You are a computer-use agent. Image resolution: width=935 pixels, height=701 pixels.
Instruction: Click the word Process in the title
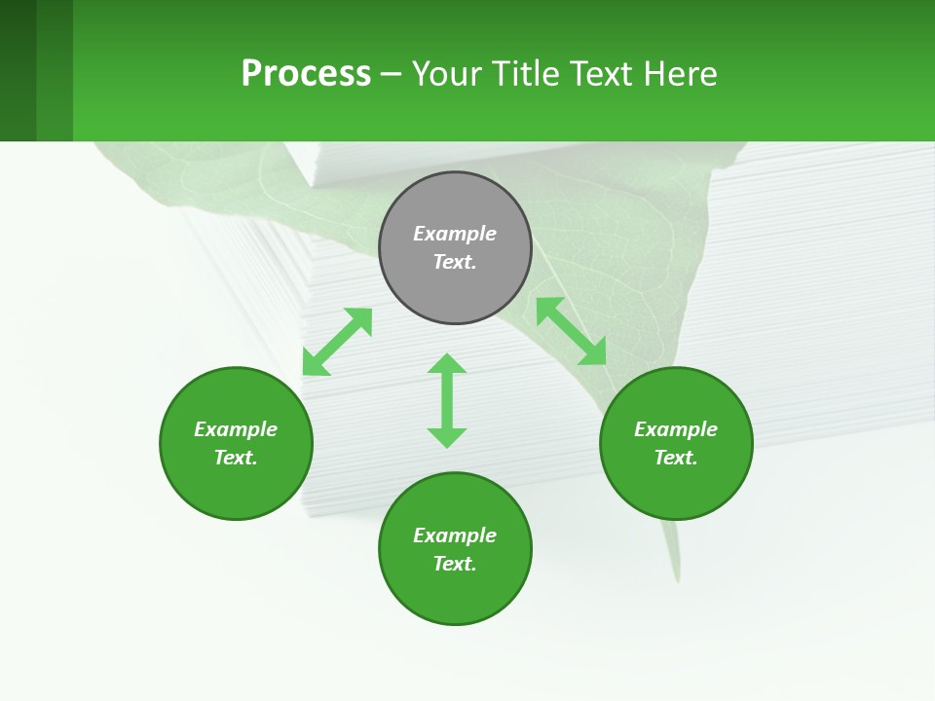click(x=306, y=74)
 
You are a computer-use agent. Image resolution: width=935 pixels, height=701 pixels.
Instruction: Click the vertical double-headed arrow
click(x=447, y=400)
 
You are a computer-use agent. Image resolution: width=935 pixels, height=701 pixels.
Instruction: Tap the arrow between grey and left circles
click(x=337, y=342)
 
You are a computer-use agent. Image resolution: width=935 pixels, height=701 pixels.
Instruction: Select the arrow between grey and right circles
click(x=572, y=331)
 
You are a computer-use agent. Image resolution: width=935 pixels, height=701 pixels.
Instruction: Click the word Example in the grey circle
click(x=455, y=234)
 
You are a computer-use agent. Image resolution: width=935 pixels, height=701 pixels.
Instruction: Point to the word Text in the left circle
click(x=235, y=458)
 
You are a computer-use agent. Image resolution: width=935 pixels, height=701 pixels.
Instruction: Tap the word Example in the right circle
click(x=676, y=429)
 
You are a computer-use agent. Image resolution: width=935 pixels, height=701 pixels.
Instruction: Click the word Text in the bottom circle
click(x=454, y=564)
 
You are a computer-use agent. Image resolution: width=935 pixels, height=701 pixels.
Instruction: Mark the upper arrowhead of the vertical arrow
click(x=447, y=363)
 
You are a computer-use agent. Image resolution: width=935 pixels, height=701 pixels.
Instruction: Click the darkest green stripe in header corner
click(x=18, y=70)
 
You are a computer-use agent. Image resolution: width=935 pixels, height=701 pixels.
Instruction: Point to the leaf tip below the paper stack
click(x=675, y=574)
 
